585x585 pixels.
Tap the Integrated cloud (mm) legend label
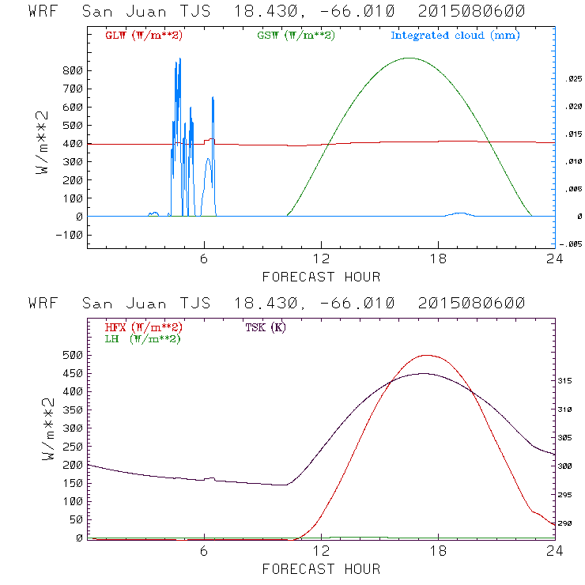(x=455, y=36)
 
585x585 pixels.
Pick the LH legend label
(x=142, y=338)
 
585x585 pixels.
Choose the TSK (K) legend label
(x=265, y=327)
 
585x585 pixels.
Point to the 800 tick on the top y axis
(x=73, y=70)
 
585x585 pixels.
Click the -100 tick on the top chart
(x=70, y=235)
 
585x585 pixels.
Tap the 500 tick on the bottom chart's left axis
(x=73, y=356)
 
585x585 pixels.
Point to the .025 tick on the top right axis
(x=572, y=79)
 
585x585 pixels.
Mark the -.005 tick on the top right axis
(x=570, y=243)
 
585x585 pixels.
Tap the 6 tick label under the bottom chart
(x=204, y=552)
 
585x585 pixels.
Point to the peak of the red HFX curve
(x=427, y=355)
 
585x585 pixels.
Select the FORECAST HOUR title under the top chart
(x=321, y=277)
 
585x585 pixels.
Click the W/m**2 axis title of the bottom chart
(x=47, y=432)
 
